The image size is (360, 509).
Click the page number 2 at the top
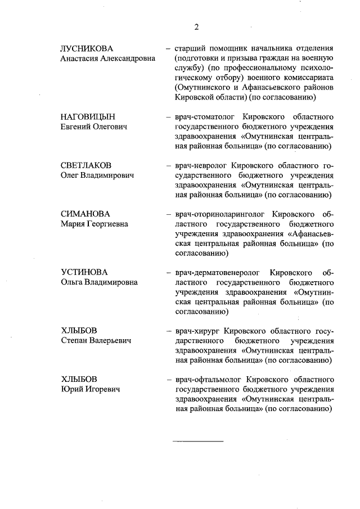(x=196, y=27)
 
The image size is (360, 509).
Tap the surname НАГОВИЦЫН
(x=88, y=116)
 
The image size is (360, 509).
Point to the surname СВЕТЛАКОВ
(x=86, y=165)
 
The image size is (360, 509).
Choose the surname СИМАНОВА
(x=85, y=214)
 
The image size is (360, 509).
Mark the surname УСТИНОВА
(x=84, y=273)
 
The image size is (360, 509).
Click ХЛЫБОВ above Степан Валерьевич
(x=79, y=331)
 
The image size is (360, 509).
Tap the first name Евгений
(x=76, y=126)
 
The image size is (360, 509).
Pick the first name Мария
(x=73, y=224)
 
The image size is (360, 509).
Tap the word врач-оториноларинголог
(x=220, y=214)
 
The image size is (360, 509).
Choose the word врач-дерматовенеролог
(x=218, y=273)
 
